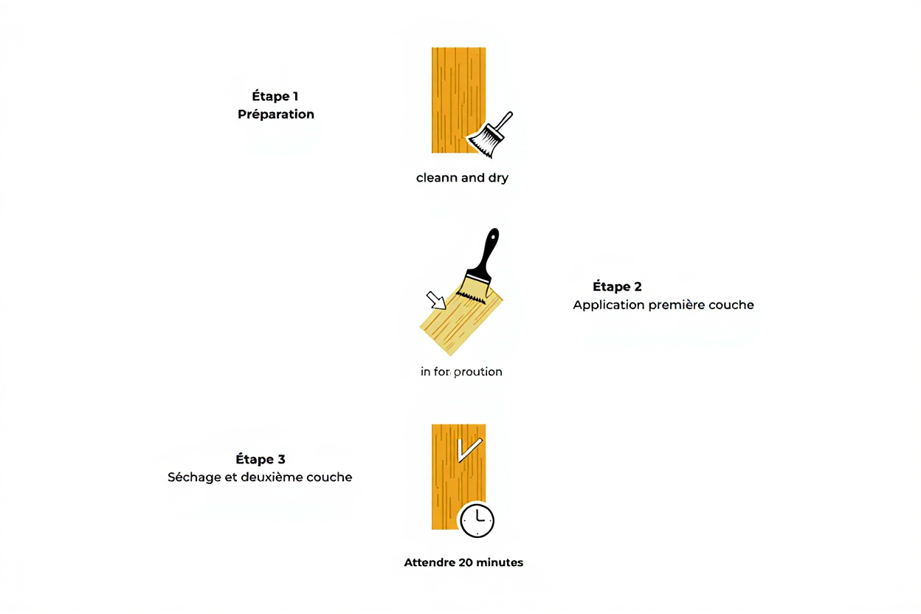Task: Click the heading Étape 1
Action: click(275, 96)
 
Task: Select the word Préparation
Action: click(276, 114)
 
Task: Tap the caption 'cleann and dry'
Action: click(462, 178)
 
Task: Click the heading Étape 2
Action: click(617, 286)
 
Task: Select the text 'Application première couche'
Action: click(663, 305)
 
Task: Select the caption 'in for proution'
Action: click(461, 372)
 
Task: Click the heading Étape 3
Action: click(261, 459)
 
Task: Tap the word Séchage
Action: click(194, 477)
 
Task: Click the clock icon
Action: click(477, 520)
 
